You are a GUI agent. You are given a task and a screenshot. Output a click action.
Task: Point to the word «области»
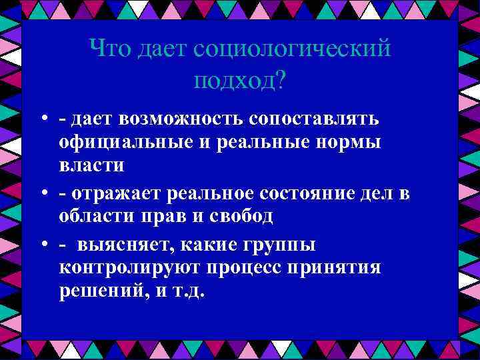95,217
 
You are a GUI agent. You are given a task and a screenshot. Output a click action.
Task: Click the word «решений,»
100,291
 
